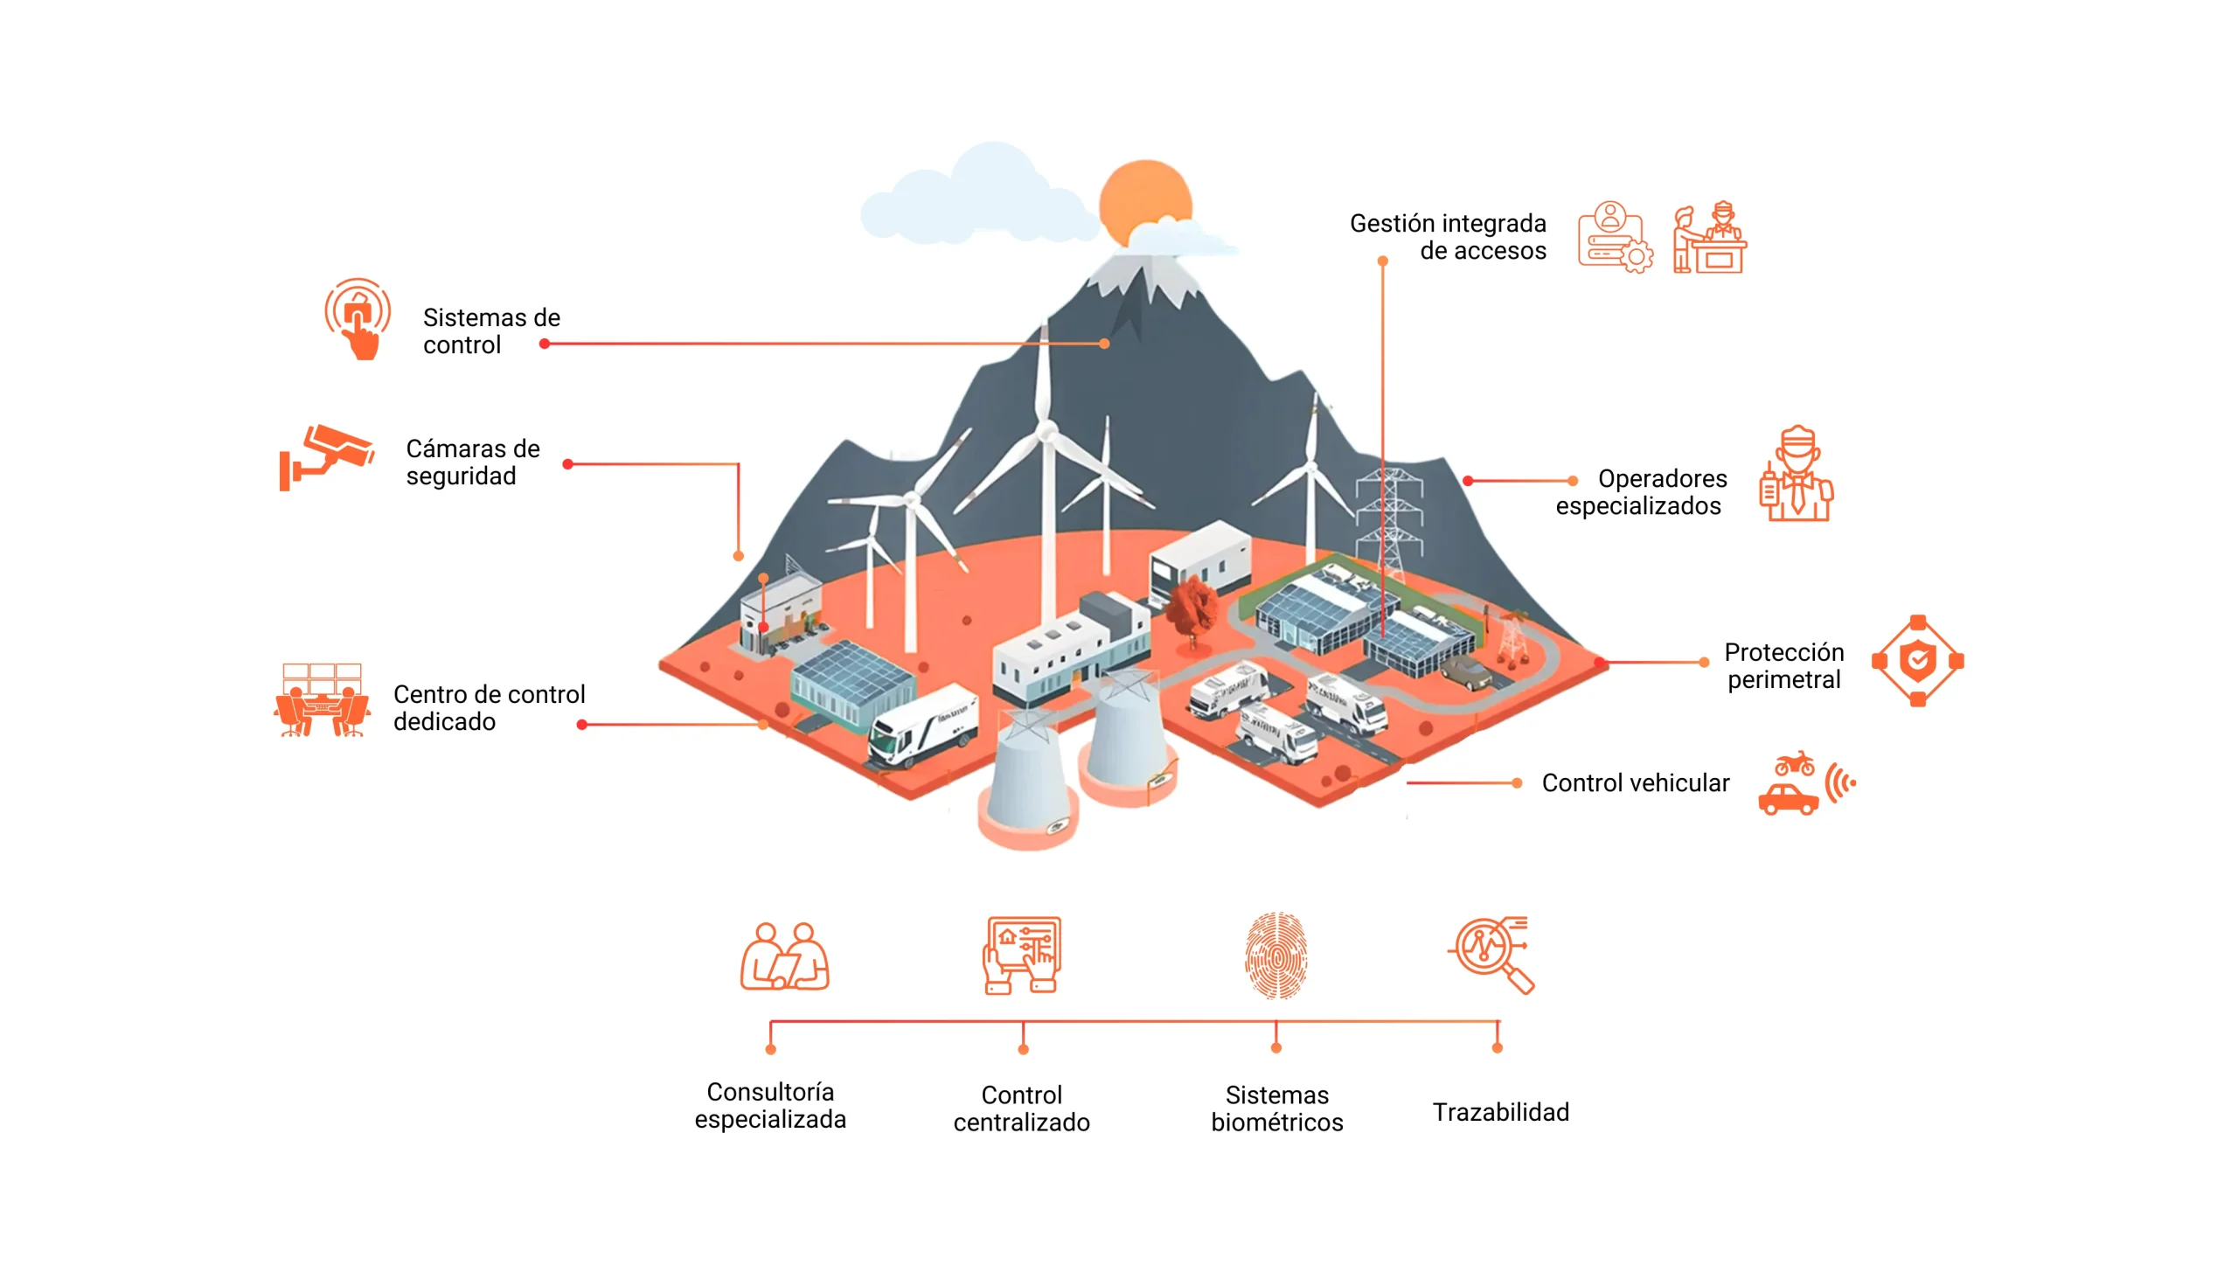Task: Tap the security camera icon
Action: point(328,456)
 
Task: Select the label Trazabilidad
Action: point(1500,1112)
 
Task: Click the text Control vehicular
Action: point(1635,782)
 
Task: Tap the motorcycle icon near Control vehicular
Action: point(1794,763)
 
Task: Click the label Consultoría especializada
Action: point(770,1105)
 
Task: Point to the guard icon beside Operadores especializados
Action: point(1797,476)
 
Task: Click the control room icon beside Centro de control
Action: point(322,700)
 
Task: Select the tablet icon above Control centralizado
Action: point(1021,955)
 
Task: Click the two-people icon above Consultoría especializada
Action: point(784,956)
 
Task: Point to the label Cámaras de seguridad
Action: point(472,462)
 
